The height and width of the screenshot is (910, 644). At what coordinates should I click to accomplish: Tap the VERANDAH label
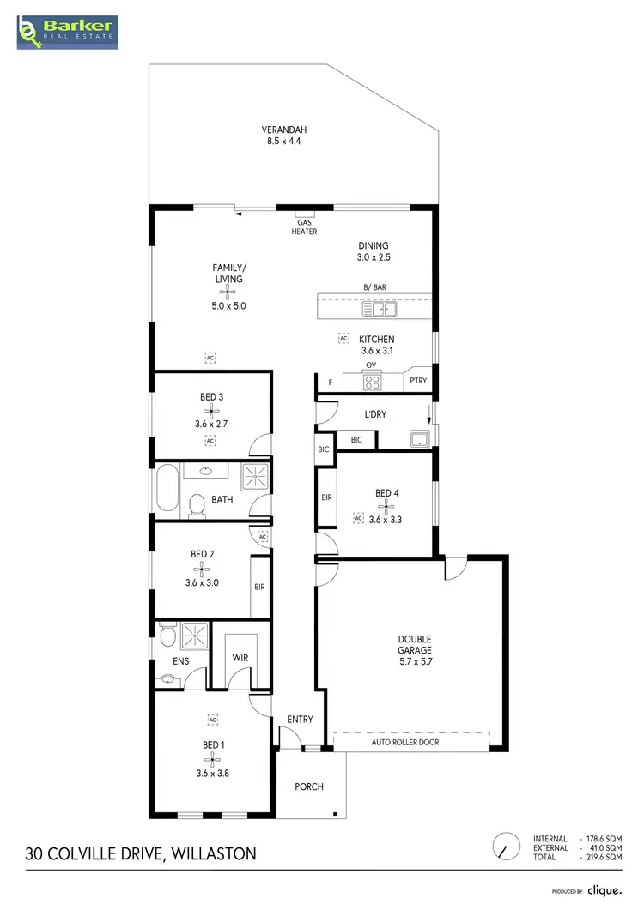[283, 130]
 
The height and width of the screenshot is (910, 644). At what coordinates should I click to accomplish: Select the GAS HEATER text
[304, 226]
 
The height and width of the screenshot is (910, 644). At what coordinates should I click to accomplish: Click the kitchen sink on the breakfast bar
[379, 308]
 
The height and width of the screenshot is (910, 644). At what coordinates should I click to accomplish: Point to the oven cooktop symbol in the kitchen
[371, 380]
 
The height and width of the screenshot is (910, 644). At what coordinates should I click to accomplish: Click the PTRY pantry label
[418, 381]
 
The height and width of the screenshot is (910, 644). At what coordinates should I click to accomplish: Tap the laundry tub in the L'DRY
[418, 440]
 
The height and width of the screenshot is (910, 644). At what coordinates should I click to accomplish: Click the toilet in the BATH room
[197, 506]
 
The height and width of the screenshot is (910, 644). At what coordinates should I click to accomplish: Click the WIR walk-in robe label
[240, 658]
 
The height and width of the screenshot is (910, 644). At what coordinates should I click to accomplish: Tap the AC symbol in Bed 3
[210, 441]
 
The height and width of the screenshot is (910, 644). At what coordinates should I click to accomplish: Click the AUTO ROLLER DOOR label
[404, 742]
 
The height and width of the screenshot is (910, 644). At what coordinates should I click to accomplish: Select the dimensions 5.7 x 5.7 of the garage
[414, 651]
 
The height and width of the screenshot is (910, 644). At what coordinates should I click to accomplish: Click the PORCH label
[309, 786]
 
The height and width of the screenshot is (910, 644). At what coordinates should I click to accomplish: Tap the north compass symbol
[507, 847]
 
